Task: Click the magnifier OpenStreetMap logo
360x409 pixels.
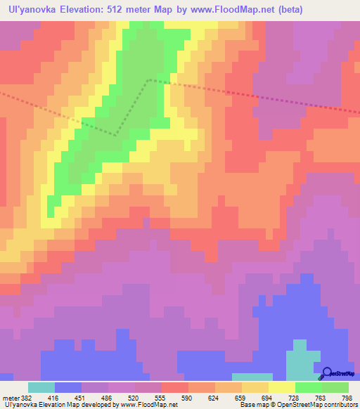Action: [x=327, y=373]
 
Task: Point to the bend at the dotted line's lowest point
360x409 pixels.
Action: [x=117, y=134]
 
